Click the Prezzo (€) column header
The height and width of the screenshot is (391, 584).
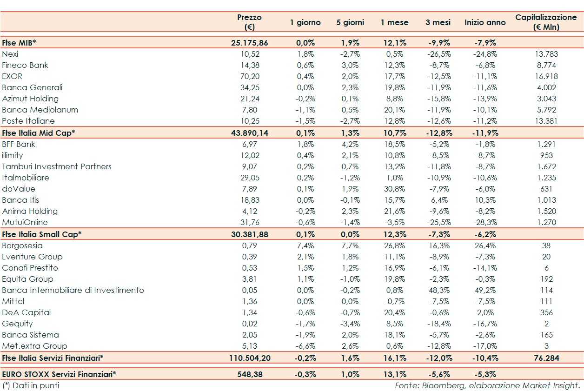(249, 22)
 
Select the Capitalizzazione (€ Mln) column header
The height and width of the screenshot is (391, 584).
(546, 22)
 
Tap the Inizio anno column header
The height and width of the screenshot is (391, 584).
(485, 22)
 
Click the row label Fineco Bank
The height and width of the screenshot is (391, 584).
(25, 65)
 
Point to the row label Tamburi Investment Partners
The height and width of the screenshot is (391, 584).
(57, 166)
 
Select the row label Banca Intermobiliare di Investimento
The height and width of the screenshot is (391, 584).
(73, 290)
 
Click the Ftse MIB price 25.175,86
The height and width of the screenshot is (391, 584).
(249, 43)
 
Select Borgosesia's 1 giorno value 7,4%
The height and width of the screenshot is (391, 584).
(306, 245)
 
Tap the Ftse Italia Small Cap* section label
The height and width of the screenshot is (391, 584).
(42, 234)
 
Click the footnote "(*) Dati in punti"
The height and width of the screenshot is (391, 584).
(31, 385)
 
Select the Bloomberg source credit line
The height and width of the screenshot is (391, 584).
(487, 385)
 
